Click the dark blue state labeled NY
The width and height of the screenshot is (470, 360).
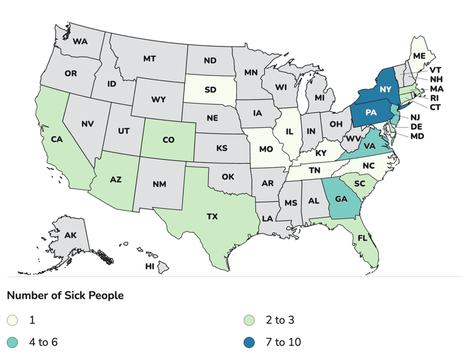385,89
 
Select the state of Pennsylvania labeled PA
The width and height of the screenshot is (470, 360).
371,113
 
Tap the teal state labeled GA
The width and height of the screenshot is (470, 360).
341,199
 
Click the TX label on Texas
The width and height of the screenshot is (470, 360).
212,217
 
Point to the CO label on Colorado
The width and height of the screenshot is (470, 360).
168,140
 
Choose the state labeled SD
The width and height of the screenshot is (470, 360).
210,90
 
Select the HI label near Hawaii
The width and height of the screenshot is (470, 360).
149,267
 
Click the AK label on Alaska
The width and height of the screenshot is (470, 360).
70,235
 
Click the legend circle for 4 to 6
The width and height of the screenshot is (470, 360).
12,342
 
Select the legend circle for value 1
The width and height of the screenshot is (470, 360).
12,320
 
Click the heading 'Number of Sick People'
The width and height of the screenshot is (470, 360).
65,296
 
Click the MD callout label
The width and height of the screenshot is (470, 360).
417,136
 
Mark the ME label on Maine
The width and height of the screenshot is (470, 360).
419,56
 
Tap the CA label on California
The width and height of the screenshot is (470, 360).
57,139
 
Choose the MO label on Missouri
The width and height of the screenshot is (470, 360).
266,149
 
